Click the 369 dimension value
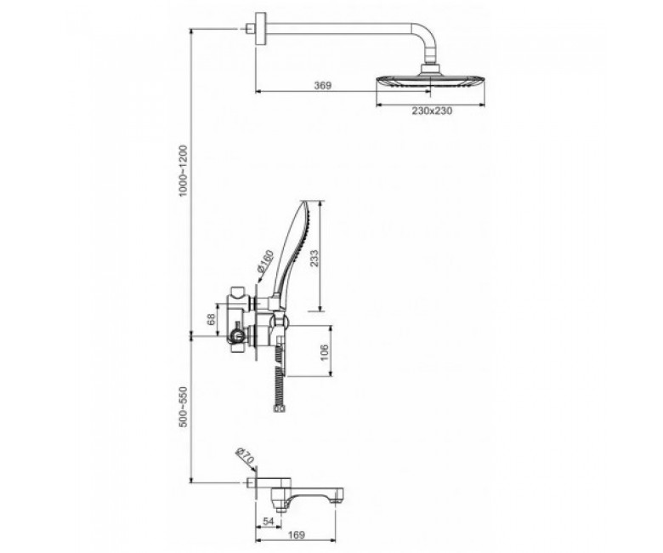point(322,85)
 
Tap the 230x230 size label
point(432,111)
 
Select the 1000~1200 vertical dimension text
point(183,170)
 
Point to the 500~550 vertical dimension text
point(183,407)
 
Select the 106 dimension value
point(325,352)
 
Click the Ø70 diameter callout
point(245,456)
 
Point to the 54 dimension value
point(269,522)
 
